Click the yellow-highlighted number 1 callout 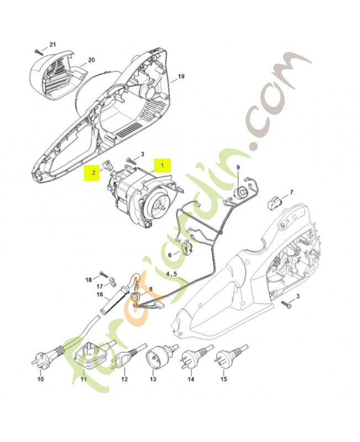(162, 165)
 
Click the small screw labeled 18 (103, 273)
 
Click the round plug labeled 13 (156, 359)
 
